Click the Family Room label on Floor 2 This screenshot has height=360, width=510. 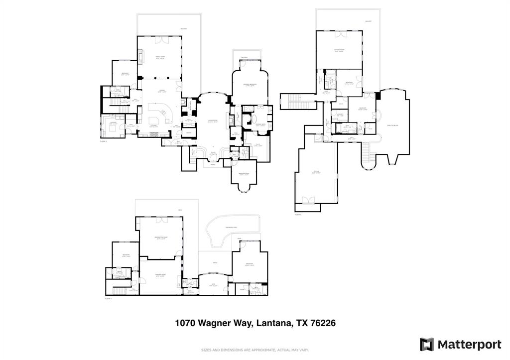(x=160, y=57)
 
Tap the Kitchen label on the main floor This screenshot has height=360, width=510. (x=154, y=126)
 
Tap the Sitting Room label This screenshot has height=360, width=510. (x=340, y=50)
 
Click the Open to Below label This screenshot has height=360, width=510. (x=392, y=125)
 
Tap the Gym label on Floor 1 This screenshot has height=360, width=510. (x=212, y=285)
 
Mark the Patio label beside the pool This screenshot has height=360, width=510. (x=215, y=263)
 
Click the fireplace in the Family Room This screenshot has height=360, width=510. (x=140, y=56)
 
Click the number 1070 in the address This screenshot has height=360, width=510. (x=185, y=323)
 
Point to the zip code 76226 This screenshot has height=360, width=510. (x=323, y=323)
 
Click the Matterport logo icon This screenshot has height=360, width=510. (x=427, y=345)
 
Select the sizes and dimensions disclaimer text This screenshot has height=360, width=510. (x=255, y=350)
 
